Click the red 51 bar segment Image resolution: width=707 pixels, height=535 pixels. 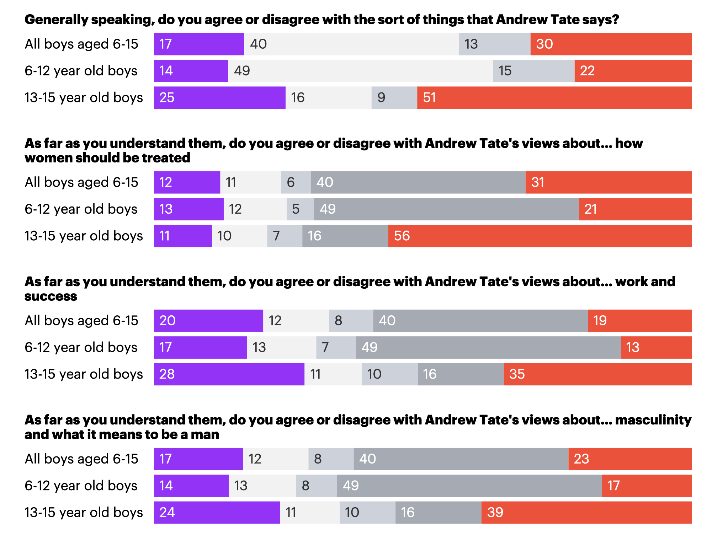click(554, 98)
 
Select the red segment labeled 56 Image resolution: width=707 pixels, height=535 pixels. click(540, 236)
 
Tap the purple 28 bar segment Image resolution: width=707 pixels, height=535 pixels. click(229, 374)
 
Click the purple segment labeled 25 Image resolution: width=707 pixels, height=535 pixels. click(219, 98)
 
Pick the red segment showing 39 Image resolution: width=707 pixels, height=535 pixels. click(586, 513)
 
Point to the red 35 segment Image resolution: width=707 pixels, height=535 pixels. click(597, 374)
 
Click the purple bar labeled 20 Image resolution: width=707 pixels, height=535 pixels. click(208, 321)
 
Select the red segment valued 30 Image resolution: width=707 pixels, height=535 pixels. click(611, 44)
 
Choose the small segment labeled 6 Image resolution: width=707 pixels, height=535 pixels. click(296, 182)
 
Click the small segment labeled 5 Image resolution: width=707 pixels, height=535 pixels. click(300, 209)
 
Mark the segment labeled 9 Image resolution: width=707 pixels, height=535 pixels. click(394, 98)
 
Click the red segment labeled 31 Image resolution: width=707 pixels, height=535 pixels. click(608, 182)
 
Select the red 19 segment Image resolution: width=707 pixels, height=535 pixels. click(639, 321)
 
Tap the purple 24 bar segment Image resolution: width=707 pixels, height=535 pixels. click(217, 513)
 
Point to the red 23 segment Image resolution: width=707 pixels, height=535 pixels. click(630, 459)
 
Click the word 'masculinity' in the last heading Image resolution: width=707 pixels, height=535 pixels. click(653, 420)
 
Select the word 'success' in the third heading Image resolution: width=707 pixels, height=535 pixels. click(51, 296)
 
